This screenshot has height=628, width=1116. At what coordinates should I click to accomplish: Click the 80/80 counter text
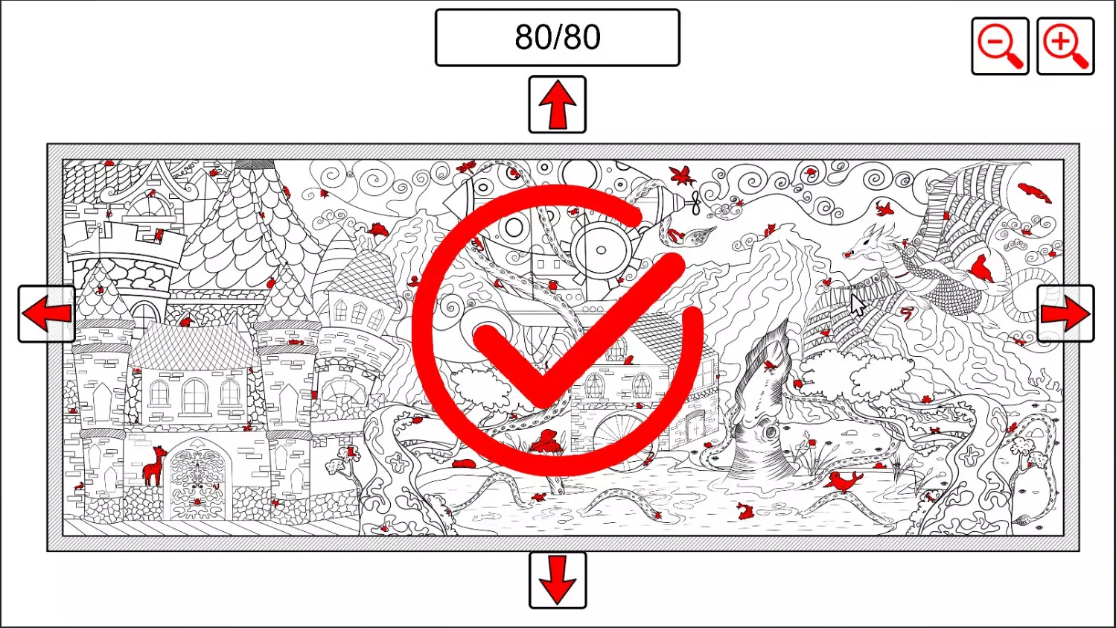[x=558, y=37]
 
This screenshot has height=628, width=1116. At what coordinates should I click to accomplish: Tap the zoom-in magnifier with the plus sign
[x=1065, y=46]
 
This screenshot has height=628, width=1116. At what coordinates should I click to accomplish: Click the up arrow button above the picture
[x=557, y=104]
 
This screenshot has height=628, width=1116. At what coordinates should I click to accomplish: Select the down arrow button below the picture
[x=558, y=580]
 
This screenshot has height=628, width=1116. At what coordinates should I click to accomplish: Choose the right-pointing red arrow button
[x=1065, y=314]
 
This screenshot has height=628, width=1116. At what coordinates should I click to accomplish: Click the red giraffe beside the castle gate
[x=154, y=466]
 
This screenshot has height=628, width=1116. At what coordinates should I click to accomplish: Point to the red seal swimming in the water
[x=843, y=481]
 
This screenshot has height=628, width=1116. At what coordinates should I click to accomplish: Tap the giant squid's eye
[x=771, y=431]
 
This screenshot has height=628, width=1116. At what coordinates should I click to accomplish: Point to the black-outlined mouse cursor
[x=857, y=305]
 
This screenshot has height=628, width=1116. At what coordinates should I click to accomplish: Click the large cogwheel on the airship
[x=600, y=250]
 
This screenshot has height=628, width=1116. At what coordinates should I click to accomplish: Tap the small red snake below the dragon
[x=907, y=314]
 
